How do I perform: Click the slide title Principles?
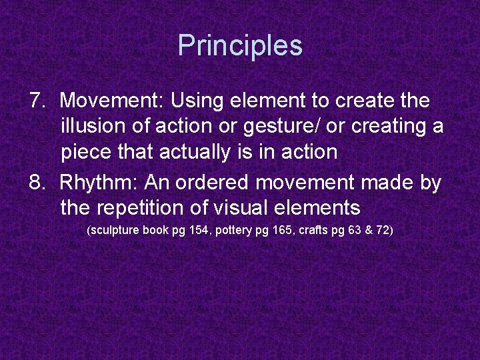(240, 45)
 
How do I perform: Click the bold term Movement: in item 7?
(111, 101)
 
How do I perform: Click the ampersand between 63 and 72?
(366, 231)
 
